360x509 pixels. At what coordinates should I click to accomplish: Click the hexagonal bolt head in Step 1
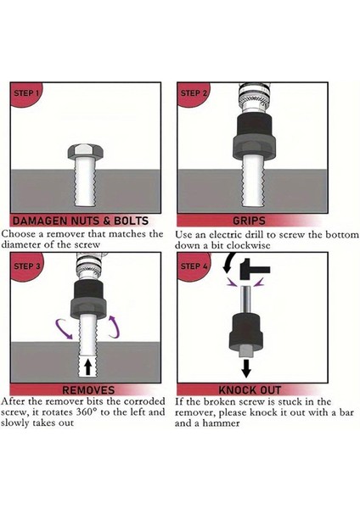[x=86, y=152]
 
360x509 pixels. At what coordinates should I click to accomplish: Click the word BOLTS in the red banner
[x=131, y=221]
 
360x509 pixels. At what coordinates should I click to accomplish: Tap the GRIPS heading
[x=249, y=221]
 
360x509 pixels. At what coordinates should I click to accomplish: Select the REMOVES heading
[x=88, y=390]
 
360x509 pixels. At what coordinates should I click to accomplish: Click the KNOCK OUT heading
[x=250, y=390]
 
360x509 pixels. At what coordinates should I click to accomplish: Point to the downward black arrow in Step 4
[x=246, y=368]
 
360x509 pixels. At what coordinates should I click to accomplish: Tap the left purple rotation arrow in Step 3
[x=64, y=329]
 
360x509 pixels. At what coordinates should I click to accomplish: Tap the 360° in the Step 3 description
[x=87, y=412]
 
